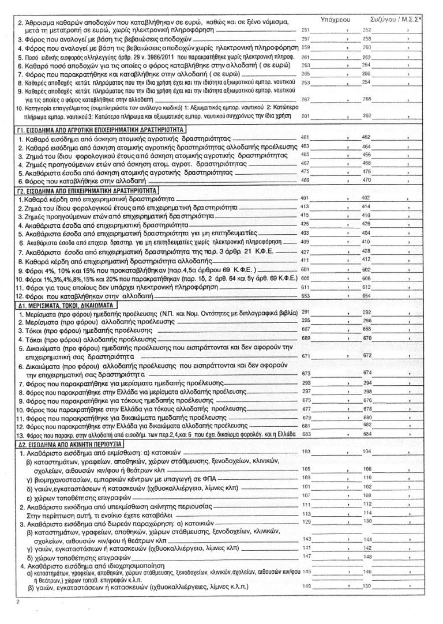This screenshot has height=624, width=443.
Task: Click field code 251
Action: pyautogui.click(x=306, y=28)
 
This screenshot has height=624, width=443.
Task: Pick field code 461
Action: pyautogui.click(x=306, y=138)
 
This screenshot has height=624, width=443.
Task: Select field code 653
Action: pyautogui.click(x=306, y=296)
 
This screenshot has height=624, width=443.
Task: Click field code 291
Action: pyautogui.click(x=306, y=311)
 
